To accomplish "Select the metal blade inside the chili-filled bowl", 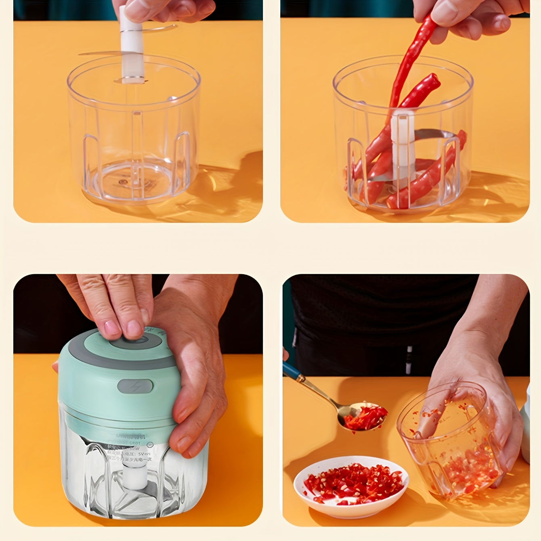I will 432,134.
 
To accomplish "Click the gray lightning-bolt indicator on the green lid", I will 135,386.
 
